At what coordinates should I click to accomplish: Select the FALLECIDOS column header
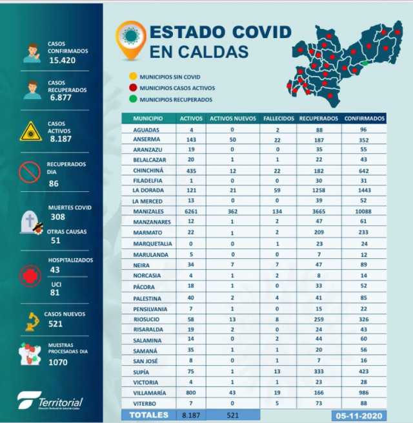pos(279,119)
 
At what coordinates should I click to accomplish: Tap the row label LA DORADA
pos(147,191)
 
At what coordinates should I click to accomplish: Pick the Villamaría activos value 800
pos(191,391)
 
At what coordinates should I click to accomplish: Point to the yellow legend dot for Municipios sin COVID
pos(133,76)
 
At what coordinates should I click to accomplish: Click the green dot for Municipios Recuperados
pos(133,99)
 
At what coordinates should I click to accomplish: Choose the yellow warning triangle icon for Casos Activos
pos(30,131)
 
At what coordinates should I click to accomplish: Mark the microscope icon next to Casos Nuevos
pos(31,319)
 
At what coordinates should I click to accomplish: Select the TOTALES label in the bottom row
pos(149,415)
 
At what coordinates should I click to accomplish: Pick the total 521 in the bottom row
pos(233,415)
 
